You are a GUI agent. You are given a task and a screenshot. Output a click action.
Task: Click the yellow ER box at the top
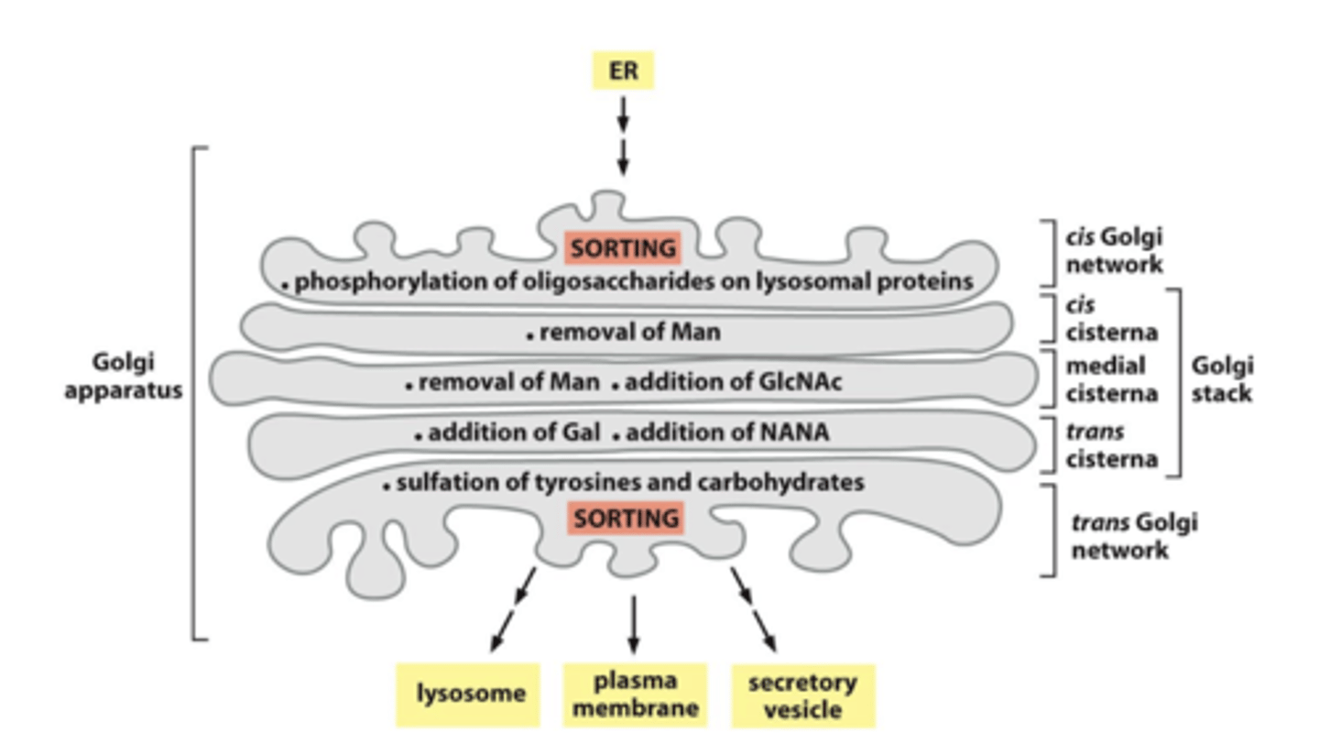click(x=623, y=71)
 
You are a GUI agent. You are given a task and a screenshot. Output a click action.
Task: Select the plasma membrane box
click(x=634, y=695)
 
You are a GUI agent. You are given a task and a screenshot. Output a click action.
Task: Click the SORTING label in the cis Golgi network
click(x=623, y=247)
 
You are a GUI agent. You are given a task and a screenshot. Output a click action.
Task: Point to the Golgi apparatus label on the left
click(x=124, y=376)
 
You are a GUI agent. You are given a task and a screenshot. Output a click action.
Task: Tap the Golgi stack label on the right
click(x=1222, y=379)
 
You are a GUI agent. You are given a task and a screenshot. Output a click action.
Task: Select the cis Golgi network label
click(x=1114, y=250)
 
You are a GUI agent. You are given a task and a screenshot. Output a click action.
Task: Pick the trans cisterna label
click(x=1111, y=444)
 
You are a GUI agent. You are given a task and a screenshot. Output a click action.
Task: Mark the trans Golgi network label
click(x=1134, y=536)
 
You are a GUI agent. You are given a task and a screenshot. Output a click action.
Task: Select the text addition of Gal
click(x=514, y=432)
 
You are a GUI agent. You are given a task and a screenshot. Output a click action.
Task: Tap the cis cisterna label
click(x=1111, y=317)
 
